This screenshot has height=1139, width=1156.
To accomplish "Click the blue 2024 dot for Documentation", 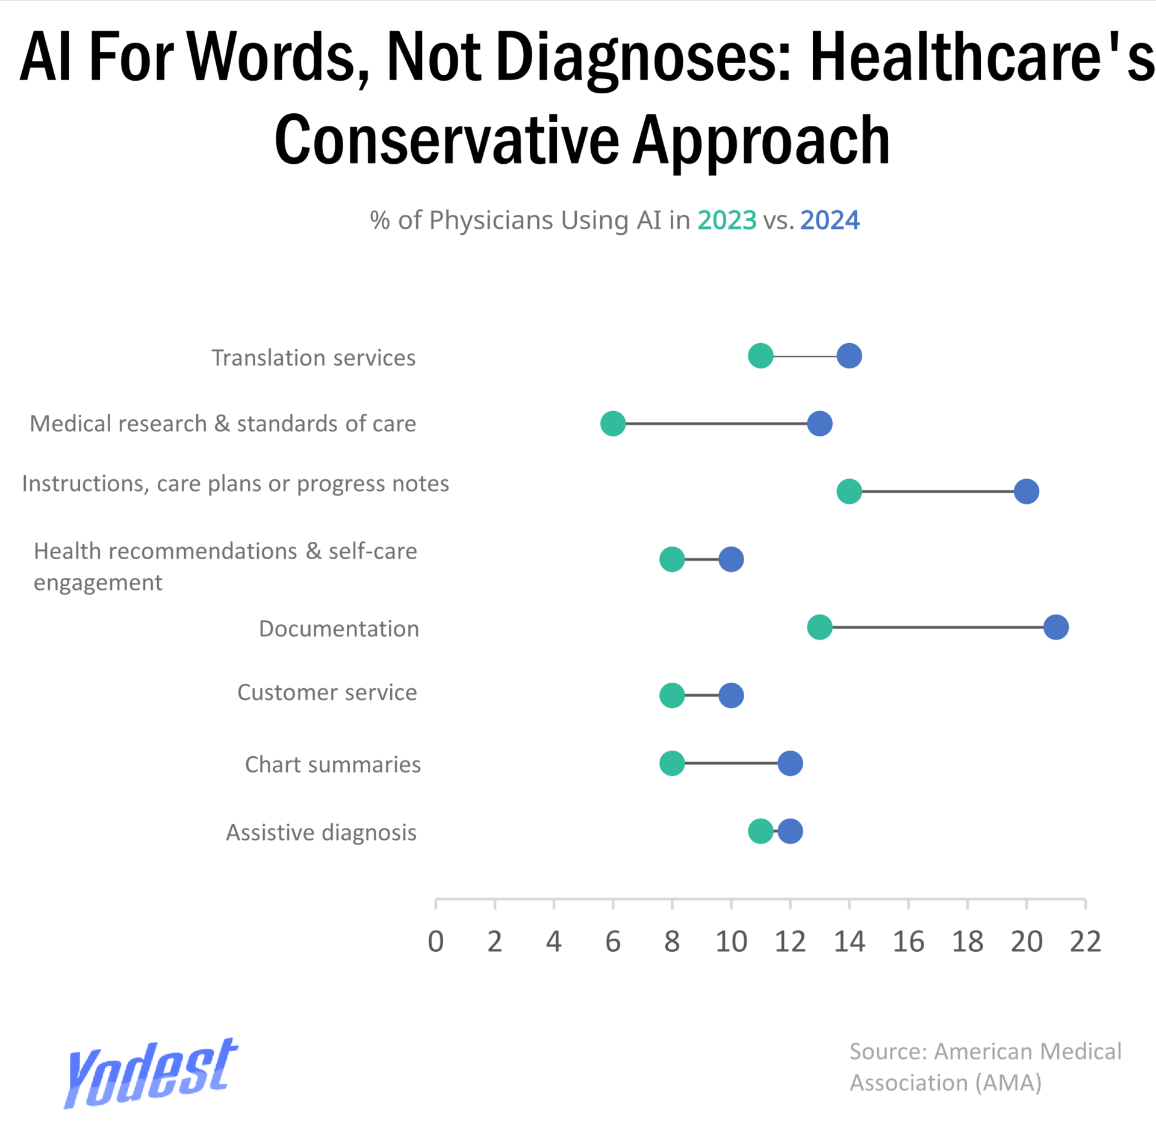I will [x=1055, y=627].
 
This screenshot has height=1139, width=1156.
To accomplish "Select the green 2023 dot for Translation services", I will [x=760, y=356].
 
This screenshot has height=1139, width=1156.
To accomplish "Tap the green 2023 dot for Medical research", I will [x=613, y=424].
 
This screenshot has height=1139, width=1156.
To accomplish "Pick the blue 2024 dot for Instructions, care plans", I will [x=1026, y=491].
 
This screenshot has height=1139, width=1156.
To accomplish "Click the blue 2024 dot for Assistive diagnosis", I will [x=790, y=831].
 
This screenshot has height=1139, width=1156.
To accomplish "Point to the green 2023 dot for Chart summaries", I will [x=672, y=763].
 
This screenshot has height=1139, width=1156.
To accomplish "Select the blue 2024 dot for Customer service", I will [x=731, y=695].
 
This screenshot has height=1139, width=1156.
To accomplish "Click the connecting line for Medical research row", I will [x=716, y=424].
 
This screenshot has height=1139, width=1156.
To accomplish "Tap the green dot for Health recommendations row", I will [x=672, y=559].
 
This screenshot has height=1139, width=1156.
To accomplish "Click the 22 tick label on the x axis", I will [x=1085, y=942].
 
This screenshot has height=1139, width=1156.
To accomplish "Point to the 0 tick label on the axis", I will [x=436, y=942].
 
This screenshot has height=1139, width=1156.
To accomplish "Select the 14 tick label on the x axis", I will [x=849, y=942].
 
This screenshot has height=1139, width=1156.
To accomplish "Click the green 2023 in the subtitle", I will [x=727, y=220].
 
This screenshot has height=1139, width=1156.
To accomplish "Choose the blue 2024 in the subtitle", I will [x=830, y=220].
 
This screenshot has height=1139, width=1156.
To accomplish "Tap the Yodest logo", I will [x=151, y=1074].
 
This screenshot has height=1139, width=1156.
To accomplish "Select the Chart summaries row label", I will [x=332, y=765].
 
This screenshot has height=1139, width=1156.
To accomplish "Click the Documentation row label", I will [x=338, y=628].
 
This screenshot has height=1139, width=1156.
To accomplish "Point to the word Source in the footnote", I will [x=888, y=1052].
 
